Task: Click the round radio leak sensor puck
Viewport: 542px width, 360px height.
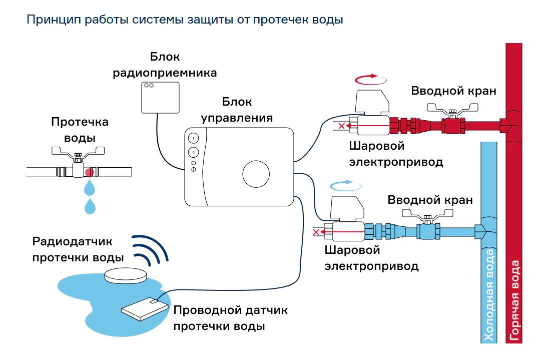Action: [x=127, y=273]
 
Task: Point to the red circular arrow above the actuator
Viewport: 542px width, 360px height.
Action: [x=370, y=79]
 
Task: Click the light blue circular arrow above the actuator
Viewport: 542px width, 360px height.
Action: [x=345, y=186]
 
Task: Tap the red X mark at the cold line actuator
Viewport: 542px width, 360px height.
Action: [x=316, y=232]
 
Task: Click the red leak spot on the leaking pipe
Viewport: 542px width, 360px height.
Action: [x=90, y=172]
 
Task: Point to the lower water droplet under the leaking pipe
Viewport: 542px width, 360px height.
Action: [x=90, y=206]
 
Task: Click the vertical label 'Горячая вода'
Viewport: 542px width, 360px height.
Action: [x=515, y=300]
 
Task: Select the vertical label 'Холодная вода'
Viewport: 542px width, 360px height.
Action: [x=489, y=295]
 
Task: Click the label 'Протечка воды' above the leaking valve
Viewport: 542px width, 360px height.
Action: [x=80, y=130]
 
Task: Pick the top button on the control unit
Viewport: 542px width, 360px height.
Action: [x=194, y=138]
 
